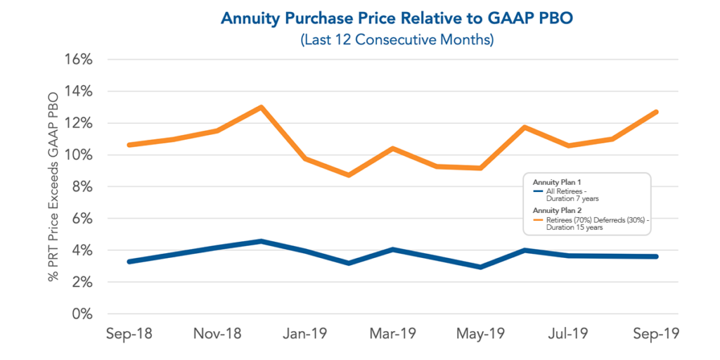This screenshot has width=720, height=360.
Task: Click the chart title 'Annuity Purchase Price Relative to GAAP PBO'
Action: click(x=397, y=18)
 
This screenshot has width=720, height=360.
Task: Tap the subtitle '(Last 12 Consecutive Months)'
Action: click(x=397, y=39)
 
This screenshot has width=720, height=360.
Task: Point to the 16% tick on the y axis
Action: click(x=78, y=59)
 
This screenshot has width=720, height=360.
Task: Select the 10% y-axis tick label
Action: click(x=78, y=155)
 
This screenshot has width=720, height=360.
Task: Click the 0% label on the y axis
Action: click(x=82, y=314)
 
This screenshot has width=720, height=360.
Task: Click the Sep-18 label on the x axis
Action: click(x=129, y=333)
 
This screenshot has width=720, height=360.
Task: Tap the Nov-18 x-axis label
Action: click(x=217, y=333)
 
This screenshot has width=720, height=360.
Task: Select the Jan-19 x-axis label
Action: click(x=305, y=333)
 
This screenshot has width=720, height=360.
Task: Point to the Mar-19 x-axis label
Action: click(x=393, y=333)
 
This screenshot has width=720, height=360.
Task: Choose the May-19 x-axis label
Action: click(x=481, y=333)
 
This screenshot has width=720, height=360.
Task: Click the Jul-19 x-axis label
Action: click(x=569, y=333)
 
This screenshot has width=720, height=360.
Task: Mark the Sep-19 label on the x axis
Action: click(x=657, y=333)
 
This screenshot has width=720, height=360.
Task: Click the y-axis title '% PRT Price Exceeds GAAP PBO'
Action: click(x=53, y=187)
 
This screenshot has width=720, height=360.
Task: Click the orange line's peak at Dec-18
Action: click(x=261, y=108)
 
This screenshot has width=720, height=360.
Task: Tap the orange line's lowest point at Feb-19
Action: click(x=349, y=174)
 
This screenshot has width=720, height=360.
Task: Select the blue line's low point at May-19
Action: click(x=481, y=267)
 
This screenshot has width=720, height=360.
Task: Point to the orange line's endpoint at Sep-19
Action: click(x=657, y=112)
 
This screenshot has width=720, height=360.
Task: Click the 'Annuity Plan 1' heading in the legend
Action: click(x=552, y=182)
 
